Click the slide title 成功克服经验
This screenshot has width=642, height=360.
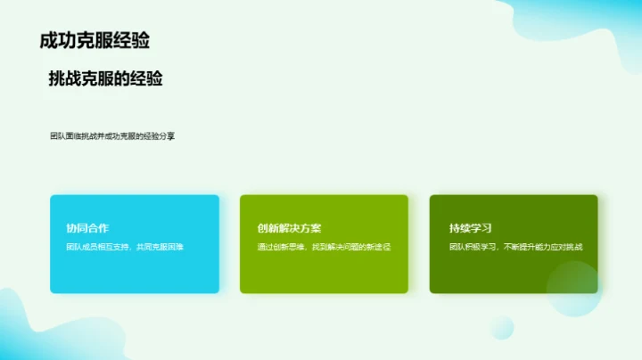(x=95, y=40)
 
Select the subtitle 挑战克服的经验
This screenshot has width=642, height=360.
(x=105, y=79)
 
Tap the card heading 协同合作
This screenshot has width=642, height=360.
(x=87, y=228)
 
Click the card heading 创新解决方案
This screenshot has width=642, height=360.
(x=290, y=228)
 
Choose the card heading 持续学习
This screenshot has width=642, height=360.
(x=471, y=228)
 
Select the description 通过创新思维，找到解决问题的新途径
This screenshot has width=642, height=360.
(x=325, y=247)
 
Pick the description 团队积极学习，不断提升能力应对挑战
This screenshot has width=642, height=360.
(x=515, y=247)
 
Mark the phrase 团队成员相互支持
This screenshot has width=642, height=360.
(x=95, y=247)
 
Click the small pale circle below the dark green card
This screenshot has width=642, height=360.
(x=501, y=327)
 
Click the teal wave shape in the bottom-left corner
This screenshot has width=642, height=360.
(x=22, y=330)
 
